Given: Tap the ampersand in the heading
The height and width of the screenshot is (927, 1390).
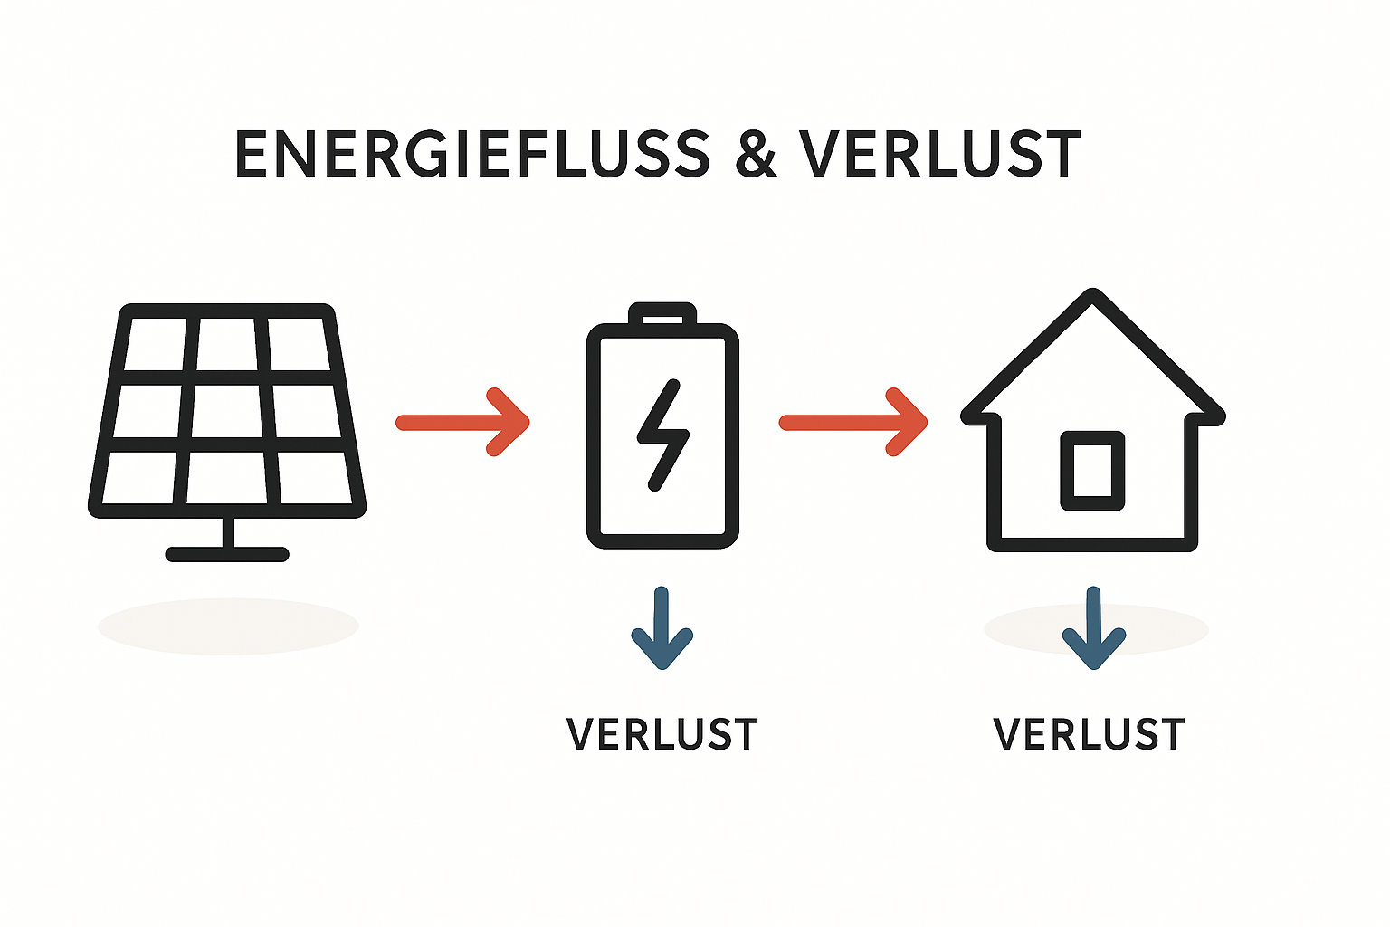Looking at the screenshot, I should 756,155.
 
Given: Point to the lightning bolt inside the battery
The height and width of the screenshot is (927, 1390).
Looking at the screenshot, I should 662,435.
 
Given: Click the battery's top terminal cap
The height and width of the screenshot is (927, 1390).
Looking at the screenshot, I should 663,314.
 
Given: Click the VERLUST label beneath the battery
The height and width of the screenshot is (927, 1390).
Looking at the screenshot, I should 662,734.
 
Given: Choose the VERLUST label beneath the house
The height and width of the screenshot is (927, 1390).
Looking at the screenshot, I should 1089,734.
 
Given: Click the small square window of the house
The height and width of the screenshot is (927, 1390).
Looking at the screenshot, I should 1092,471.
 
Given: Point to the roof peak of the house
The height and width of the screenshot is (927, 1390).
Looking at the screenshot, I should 1093,298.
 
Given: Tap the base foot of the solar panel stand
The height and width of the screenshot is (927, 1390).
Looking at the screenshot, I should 227,554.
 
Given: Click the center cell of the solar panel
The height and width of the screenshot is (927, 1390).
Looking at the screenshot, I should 227,411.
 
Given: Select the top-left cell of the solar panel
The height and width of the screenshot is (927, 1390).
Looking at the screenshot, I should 156,344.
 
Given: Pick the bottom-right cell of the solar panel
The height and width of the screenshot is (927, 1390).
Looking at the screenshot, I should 313,477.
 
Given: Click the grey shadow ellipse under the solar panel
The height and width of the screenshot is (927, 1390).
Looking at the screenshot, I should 228,626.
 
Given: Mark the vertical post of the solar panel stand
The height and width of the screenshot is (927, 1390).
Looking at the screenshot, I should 228,533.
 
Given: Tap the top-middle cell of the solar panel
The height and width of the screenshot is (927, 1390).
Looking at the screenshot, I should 227,344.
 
